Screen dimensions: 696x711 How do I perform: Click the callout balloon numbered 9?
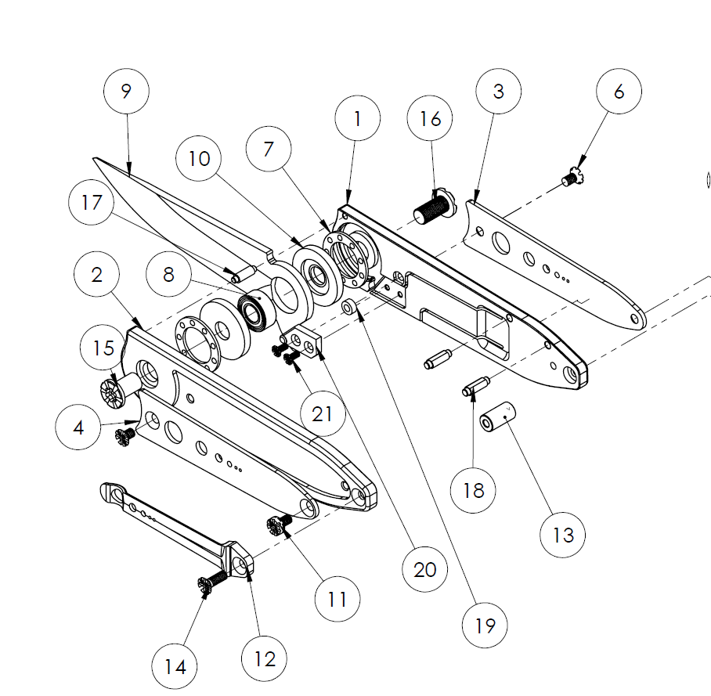click(126, 91)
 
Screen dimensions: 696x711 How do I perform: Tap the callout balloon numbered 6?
click(619, 92)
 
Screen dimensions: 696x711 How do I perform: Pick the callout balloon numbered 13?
click(563, 535)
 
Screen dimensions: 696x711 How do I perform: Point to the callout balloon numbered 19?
click(485, 626)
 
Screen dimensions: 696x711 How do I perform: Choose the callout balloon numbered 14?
click(175, 667)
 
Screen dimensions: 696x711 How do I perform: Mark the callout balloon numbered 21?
click(323, 413)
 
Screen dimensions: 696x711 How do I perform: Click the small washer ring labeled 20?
click(348, 304)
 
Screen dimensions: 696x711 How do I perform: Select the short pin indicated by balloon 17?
click(242, 274)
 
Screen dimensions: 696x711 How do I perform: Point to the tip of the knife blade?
click(94, 160)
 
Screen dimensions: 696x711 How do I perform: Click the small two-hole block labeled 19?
click(307, 342)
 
